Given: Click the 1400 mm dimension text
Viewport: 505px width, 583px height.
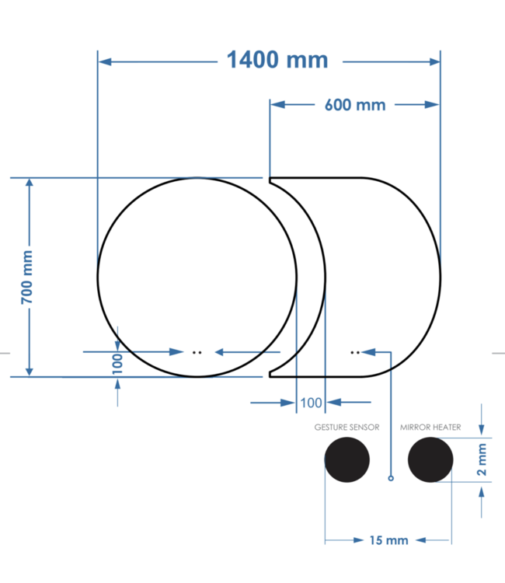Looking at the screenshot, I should (277, 60).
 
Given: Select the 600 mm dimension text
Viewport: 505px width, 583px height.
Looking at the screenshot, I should (354, 104).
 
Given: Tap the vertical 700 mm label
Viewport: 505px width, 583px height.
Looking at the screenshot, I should (27, 277).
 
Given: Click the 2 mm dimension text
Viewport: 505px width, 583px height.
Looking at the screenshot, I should (482, 459).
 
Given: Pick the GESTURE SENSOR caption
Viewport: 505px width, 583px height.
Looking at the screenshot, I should (347, 428).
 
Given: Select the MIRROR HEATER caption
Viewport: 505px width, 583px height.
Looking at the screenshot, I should (430, 428).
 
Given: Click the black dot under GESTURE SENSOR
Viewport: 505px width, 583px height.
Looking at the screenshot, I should (347, 459).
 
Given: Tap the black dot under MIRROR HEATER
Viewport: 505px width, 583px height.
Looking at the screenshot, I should (430, 459).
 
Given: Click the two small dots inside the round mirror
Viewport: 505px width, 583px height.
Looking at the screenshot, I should (197, 352).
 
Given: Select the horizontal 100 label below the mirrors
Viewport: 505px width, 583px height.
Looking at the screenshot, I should (311, 403).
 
